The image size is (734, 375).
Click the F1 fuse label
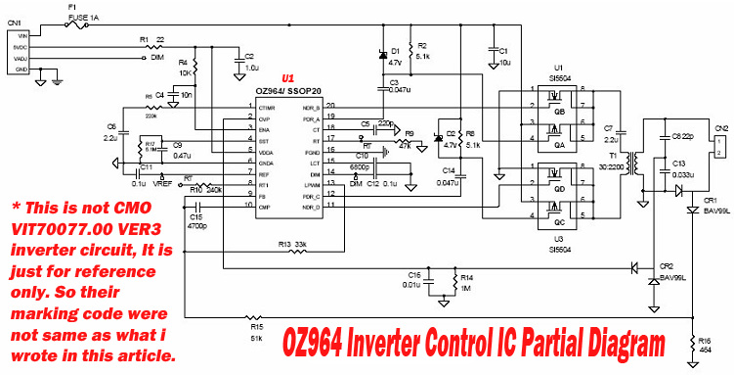click(71, 8)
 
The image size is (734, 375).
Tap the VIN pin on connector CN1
click(22, 35)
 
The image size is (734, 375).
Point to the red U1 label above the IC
click(287, 77)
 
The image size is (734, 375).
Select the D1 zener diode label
click(395, 51)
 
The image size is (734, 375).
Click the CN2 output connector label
click(721, 128)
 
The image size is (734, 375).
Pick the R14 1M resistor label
click(467, 284)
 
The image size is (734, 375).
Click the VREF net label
click(162, 183)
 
